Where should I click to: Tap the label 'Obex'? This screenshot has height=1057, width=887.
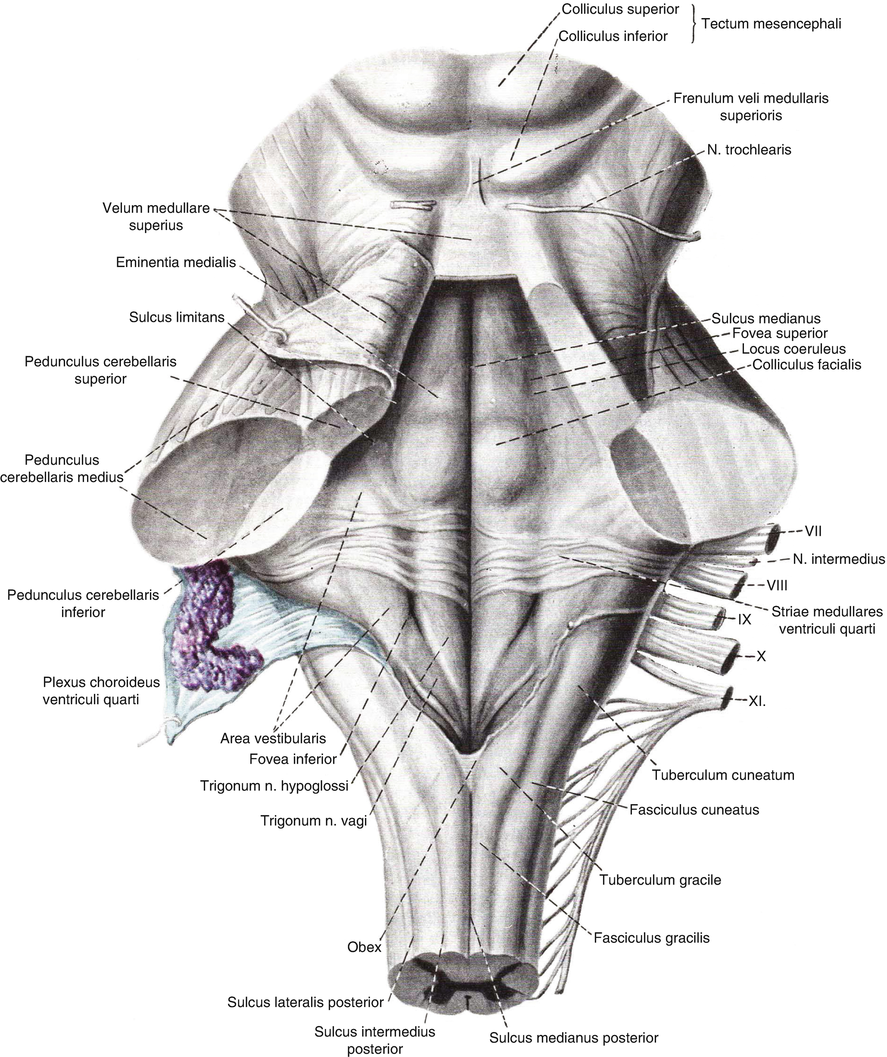pos(364,947)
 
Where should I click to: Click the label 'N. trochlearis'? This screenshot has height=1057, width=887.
pos(749,149)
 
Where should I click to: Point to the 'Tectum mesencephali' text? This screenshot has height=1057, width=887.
pos(771,24)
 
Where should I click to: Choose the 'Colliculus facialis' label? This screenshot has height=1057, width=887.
pos(807,364)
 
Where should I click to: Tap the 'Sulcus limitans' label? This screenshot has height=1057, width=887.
pos(177,317)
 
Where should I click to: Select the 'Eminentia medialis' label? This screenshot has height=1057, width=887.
pos(176,262)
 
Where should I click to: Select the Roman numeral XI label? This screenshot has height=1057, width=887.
pos(756,702)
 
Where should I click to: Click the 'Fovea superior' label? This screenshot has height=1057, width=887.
pos(780,333)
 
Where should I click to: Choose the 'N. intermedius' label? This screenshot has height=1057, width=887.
pos(839,559)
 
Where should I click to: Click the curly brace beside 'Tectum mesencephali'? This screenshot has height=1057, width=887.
pos(695,24)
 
